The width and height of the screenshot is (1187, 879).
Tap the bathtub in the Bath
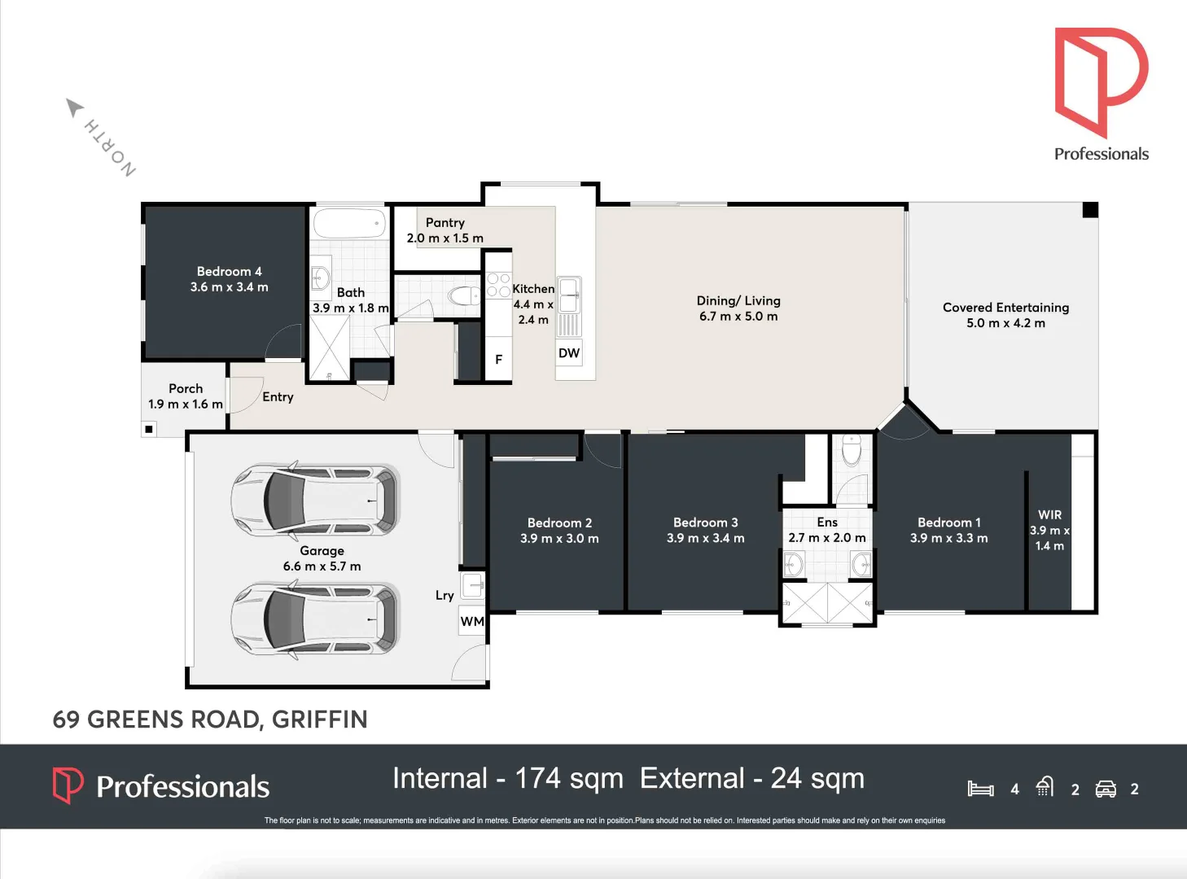coord(349,223)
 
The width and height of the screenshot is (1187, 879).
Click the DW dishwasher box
coord(569,353)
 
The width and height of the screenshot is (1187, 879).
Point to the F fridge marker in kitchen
coord(498,360)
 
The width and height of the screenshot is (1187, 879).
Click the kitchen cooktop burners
coord(498,285)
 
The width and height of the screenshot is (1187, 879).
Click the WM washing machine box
coord(472,622)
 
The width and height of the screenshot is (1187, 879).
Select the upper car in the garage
coord(316,501)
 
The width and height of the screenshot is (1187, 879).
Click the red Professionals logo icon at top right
coord(1100,81)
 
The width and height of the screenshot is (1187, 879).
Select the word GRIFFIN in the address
coord(320,719)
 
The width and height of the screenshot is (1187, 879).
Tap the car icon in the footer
coord(1106,789)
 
